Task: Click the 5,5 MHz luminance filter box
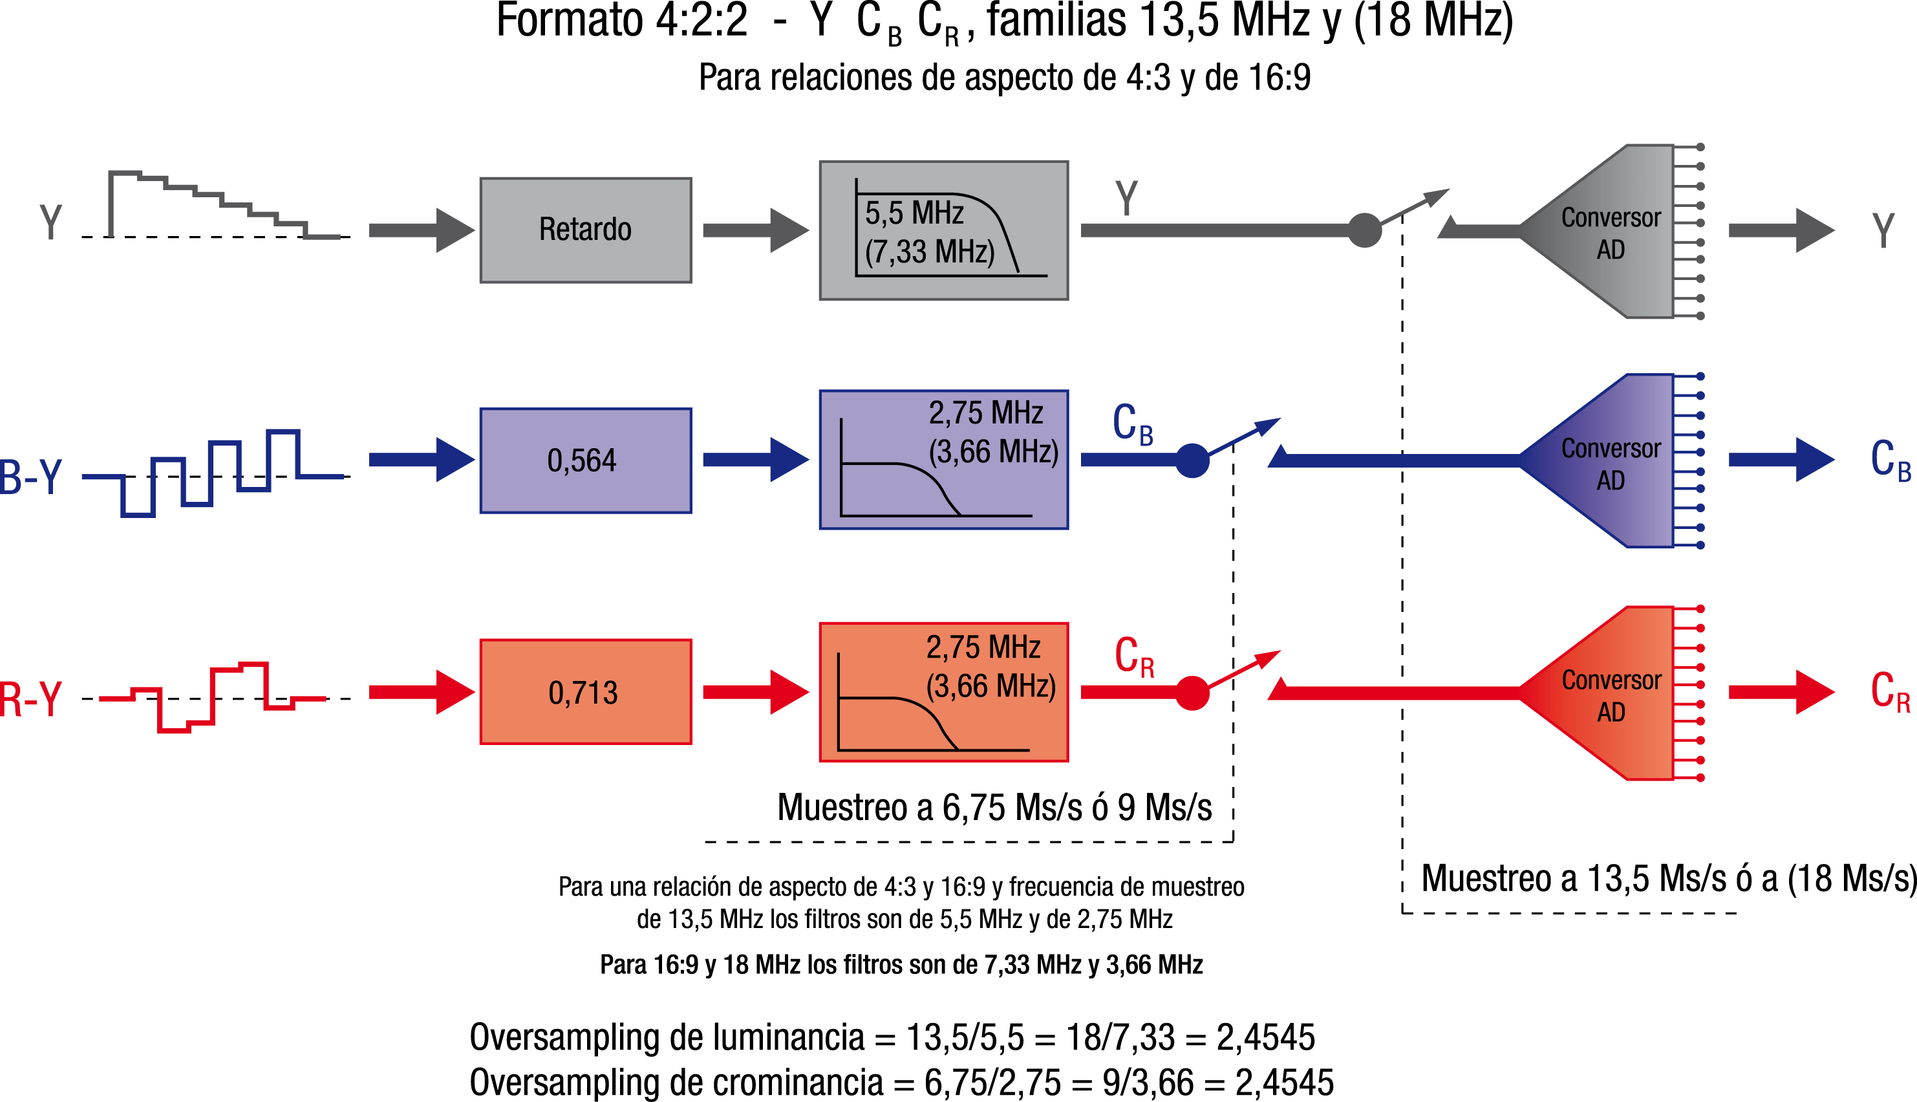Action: (943, 230)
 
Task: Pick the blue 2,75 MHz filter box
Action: (943, 459)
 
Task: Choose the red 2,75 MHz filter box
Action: (943, 692)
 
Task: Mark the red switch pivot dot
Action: (1192, 693)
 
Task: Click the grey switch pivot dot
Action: (1365, 230)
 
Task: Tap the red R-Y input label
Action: (30, 699)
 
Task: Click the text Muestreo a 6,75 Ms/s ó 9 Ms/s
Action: (994, 808)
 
